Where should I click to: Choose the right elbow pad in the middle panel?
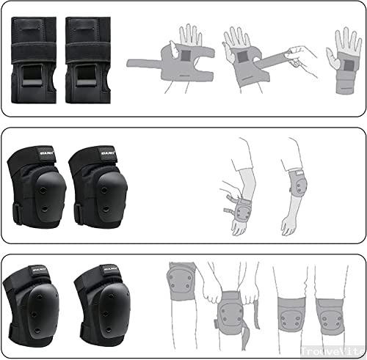click(93, 187)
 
